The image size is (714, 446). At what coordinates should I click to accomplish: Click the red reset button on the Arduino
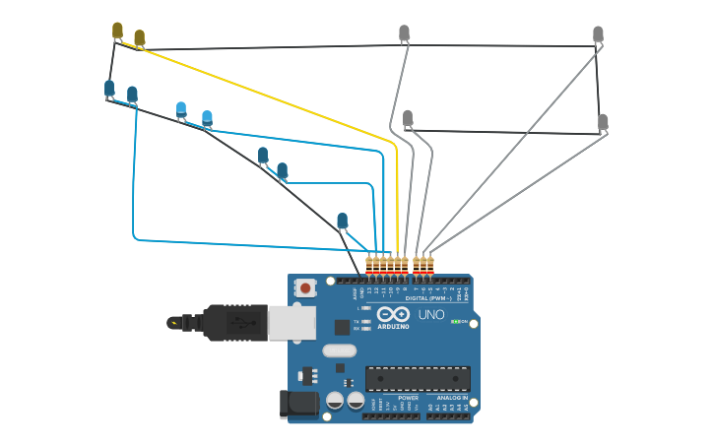coord(305,288)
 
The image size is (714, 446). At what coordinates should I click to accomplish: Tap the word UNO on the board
coord(431,315)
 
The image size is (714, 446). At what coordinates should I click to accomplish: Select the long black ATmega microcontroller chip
coord(418,378)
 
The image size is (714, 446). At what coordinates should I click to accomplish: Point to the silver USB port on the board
coord(292,322)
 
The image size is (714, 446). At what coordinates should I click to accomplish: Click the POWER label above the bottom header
coord(395,398)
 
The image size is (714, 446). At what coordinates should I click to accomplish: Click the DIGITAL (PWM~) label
coord(428,297)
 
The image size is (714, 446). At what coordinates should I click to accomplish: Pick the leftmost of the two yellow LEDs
coord(117,31)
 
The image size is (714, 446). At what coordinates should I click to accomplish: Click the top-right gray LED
coord(598,34)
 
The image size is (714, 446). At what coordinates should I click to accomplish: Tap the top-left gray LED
coord(404,32)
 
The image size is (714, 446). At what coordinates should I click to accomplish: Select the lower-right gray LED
coord(603,122)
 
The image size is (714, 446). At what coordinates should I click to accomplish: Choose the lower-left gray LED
coord(408,118)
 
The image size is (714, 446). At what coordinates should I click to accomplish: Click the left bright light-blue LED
coord(181,108)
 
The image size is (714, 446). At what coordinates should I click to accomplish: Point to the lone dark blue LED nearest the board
coord(342,221)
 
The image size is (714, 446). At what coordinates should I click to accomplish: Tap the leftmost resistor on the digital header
coord(369,264)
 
